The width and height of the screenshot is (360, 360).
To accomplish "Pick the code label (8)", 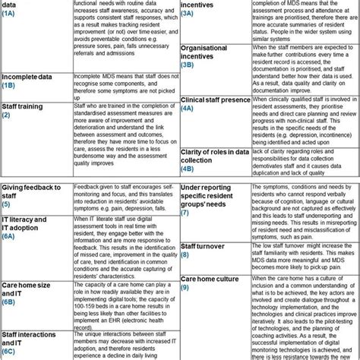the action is tap(186, 255).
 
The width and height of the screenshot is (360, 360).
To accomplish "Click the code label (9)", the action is tap(186, 288).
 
